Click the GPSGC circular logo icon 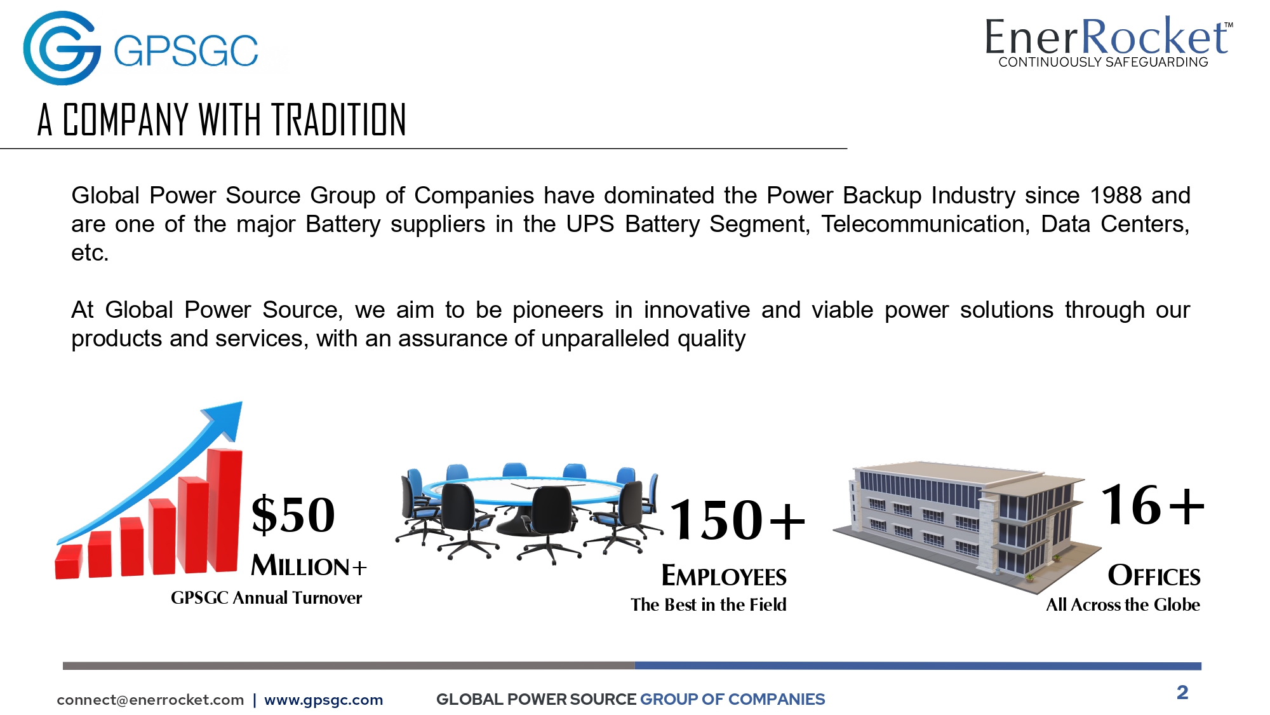[x=62, y=48]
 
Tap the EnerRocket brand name [x=1108, y=36]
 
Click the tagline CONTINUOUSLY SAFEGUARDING [x=1103, y=62]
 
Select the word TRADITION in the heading [x=339, y=120]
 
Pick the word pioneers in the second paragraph [x=558, y=310]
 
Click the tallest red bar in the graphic [x=225, y=510]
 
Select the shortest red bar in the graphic [x=69, y=561]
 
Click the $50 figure [x=293, y=515]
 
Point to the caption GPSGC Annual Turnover [x=266, y=598]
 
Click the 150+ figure [x=738, y=521]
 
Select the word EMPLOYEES [x=724, y=576]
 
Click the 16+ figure [x=1153, y=505]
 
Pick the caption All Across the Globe [x=1123, y=604]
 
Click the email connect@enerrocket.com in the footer [x=150, y=700]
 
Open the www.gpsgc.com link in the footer [x=324, y=700]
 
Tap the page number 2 [x=1182, y=692]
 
